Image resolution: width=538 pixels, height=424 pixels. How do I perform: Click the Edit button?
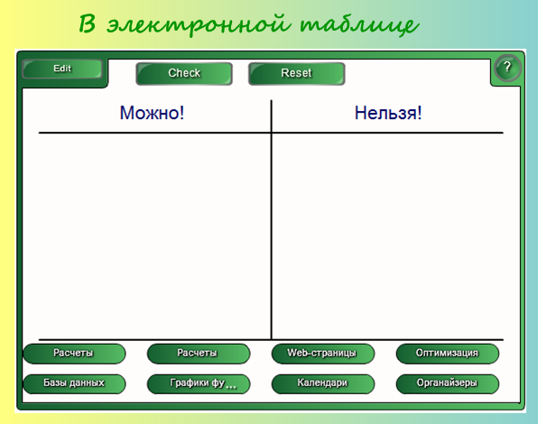click(62, 69)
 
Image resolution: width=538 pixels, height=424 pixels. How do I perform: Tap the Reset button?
click(296, 73)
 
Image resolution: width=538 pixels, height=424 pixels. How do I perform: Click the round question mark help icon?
click(507, 68)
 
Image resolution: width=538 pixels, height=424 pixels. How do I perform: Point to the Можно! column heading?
click(152, 113)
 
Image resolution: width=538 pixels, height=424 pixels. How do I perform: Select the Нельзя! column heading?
click(388, 113)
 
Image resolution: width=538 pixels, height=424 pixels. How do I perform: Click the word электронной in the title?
click(199, 24)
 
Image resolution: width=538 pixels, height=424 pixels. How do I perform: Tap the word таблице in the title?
click(359, 25)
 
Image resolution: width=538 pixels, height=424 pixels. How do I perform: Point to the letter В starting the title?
click(88, 23)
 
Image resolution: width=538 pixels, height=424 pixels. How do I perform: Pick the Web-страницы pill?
click(322, 354)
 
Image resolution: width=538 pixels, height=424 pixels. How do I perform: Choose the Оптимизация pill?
click(448, 354)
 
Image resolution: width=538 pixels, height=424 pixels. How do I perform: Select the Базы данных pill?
click(74, 383)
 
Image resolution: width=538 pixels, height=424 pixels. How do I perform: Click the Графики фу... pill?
click(199, 383)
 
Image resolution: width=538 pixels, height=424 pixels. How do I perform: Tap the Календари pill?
click(322, 383)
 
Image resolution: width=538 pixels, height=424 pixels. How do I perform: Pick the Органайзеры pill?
click(448, 383)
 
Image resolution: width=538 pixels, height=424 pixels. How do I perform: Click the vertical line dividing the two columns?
click(271, 220)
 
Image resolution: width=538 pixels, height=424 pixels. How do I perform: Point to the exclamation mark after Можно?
click(181, 113)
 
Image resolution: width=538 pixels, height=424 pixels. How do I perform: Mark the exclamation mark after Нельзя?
click(419, 113)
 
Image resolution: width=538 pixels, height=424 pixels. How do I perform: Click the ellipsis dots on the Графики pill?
click(231, 387)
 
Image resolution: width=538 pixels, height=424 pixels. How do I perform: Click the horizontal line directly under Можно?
click(154, 133)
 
